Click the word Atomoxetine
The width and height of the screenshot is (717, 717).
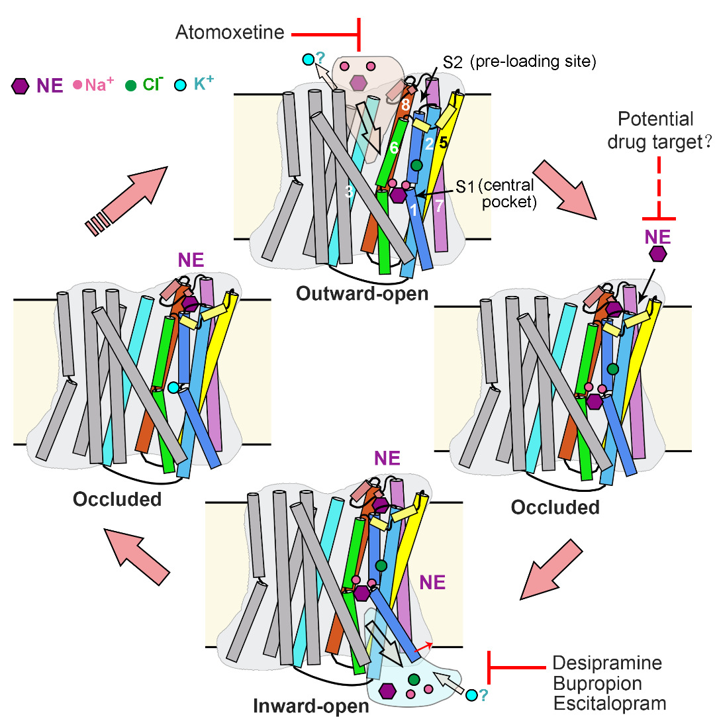[229, 32]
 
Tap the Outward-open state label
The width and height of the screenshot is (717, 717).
[362, 293]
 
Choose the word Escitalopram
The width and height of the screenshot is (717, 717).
[609, 702]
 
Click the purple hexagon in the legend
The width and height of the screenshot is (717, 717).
[21, 85]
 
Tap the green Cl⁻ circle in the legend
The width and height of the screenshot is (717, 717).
[131, 85]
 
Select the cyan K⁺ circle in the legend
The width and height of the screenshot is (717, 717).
[181, 85]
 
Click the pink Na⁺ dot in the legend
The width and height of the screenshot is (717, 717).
[77, 85]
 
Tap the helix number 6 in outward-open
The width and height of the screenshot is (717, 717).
[393, 150]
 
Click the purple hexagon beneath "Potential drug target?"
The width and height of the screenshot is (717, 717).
[657, 254]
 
